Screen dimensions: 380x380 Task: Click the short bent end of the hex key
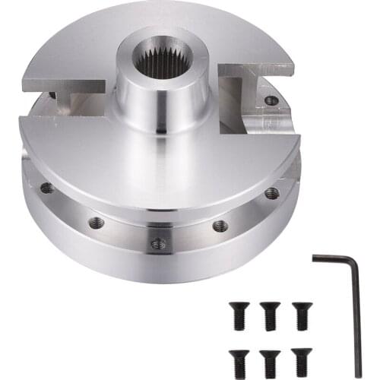click(328, 258)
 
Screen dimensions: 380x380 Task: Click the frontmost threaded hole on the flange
click(157, 243)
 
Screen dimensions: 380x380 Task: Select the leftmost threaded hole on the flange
click(47, 188)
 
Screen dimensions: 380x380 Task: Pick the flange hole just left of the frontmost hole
click(96, 223)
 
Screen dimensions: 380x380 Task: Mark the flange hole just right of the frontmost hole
click(220, 225)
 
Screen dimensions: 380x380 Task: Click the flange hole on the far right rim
click(271, 193)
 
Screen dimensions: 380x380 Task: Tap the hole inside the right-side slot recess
click(270, 100)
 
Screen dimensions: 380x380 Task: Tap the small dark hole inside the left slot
click(52, 97)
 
